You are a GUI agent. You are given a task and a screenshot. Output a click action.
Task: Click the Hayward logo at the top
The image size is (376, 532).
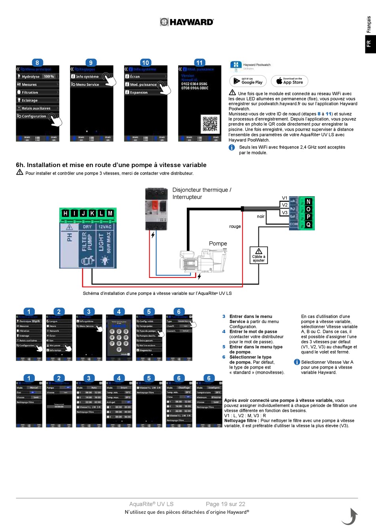pos(187,22)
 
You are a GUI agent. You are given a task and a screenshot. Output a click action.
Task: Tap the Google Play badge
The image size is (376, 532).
pos(248,81)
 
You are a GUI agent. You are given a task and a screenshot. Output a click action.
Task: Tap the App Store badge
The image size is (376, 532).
pos(289,81)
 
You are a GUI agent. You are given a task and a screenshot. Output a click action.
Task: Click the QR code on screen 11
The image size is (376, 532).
pos(210,124)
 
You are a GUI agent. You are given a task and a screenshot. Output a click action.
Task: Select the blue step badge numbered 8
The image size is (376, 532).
pos(37,63)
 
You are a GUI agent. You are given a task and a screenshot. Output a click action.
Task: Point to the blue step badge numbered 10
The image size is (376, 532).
pos(145,63)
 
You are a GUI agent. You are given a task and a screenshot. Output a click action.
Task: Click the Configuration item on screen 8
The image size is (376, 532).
pos(34,116)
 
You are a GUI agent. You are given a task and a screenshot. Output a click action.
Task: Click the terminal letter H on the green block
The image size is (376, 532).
pos(65,213)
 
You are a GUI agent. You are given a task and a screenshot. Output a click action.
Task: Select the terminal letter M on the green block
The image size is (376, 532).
pos(110,213)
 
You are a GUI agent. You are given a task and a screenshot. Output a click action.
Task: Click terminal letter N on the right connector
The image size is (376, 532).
pos(308,202)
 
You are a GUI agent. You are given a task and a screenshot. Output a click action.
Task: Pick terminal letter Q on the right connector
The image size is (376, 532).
pos(308,224)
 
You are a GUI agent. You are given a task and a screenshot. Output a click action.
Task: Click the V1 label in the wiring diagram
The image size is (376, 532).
pos(285,198)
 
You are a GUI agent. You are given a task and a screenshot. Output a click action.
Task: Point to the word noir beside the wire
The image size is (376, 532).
pos(260,217)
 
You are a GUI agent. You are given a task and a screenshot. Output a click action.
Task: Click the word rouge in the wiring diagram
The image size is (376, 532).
pos(235,226)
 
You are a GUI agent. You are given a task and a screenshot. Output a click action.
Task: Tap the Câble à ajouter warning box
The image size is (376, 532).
pos(258,255)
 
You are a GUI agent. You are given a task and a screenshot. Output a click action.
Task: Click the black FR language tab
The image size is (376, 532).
pos(368,44)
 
